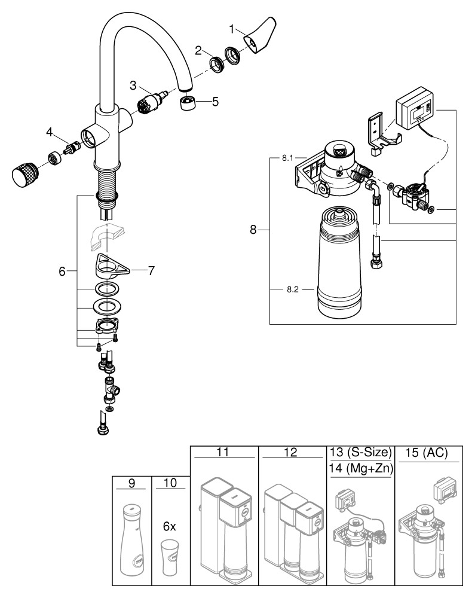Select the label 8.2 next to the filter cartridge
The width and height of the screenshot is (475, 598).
293,289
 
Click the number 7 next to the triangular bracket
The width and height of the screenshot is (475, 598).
151,271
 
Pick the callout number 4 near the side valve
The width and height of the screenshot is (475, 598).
50,130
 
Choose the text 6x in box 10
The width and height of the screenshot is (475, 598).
170,527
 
